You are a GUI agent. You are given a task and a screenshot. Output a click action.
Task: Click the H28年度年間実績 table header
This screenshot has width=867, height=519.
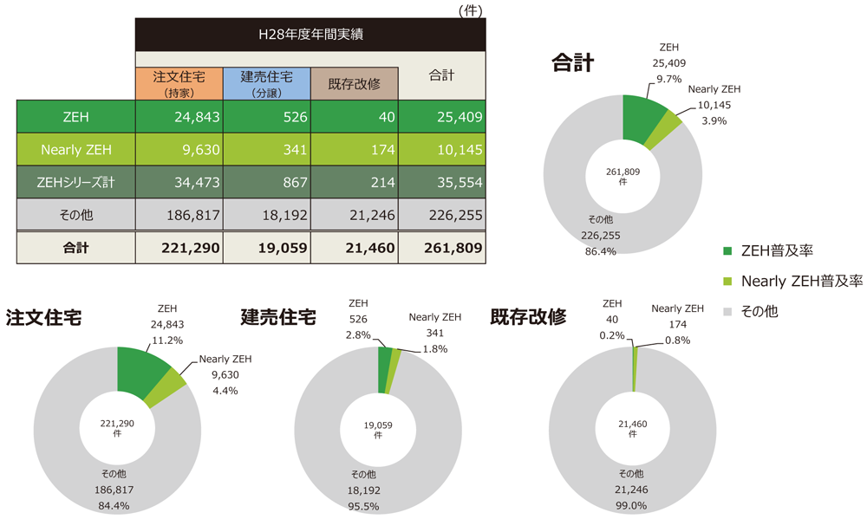pyautogui.click(x=310, y=36)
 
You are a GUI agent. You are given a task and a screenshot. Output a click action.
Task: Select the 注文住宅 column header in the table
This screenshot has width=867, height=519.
pyautogui.click(x=179, y=82)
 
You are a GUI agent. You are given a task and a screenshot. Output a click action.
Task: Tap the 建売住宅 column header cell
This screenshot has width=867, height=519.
pyautogui.click(x=266, y=82)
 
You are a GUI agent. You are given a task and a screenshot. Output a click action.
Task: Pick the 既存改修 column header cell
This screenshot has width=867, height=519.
pyautogui.click(x=354, y=83)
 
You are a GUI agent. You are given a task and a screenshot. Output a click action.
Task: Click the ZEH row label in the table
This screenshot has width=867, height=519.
pyautogui.click(x=75, y=117)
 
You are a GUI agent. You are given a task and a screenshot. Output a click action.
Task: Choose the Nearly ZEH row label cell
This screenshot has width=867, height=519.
pyautogui.click(x=75, y=150)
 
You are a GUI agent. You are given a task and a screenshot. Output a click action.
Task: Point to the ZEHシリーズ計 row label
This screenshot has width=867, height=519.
pyautogui.click(x=75, y=182)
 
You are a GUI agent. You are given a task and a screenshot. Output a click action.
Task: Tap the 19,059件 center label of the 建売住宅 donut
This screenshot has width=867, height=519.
pyautogui.click(x=378, y=430)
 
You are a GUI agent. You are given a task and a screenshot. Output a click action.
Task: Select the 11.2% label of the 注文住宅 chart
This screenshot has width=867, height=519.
pyautogui.click(x=166, y=340)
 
